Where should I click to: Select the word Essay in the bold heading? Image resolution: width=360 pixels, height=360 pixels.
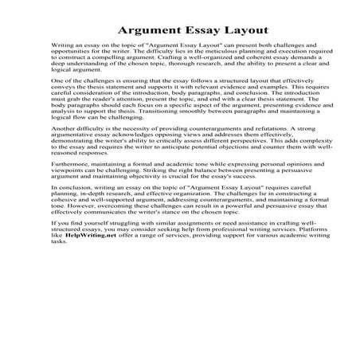[x=188, y=31]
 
